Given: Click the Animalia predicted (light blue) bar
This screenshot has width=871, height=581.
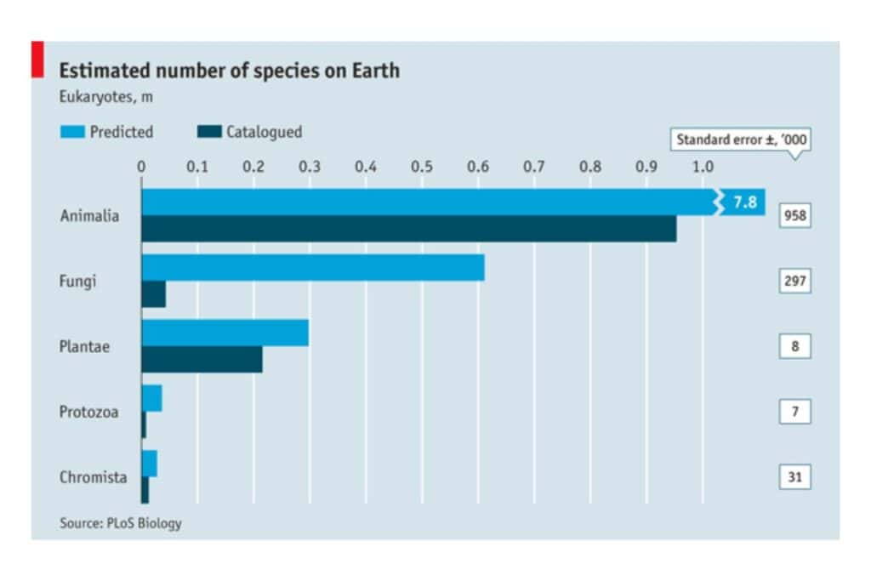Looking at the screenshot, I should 425,202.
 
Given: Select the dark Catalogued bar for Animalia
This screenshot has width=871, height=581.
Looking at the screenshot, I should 408,229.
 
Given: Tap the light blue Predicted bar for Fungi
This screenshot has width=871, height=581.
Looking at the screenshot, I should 312,267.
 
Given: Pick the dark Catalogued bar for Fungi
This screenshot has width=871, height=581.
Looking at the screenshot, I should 154,294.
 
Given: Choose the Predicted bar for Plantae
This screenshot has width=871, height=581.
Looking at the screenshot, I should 225,333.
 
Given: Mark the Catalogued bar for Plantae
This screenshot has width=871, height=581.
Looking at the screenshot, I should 202,359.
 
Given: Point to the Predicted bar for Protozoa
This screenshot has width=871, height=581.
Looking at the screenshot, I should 151,398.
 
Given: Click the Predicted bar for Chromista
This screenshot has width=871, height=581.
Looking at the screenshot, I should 149,464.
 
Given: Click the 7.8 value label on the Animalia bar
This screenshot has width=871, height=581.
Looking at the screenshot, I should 744,202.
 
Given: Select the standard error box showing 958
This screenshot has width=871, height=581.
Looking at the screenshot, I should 794,216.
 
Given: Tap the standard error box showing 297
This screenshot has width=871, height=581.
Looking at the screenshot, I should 794,281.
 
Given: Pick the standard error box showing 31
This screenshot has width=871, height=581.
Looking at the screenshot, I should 794,477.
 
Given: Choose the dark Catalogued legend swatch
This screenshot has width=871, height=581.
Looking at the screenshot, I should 208,132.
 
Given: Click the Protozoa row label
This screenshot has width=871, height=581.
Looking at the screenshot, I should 88,413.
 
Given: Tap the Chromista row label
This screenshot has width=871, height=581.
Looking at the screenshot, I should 93,478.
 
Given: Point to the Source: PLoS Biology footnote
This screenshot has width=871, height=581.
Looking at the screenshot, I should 120,523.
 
